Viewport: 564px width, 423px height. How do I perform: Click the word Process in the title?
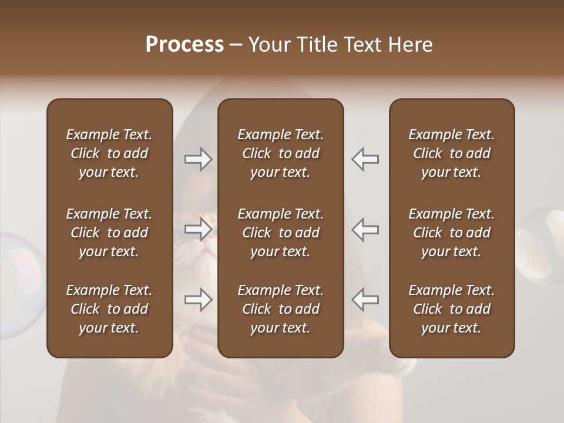click(184, 45)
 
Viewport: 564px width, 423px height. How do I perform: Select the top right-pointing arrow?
click(199, 159)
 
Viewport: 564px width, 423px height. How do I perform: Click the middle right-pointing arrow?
click(199, 230)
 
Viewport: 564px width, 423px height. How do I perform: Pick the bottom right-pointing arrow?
click(199, 300)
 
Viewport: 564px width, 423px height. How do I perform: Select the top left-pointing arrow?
click(365, 159)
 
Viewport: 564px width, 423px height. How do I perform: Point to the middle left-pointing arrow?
click(365, 230)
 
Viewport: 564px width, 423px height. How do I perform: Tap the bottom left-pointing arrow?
click(365, 300)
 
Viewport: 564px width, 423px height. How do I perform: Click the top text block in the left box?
click(109, 153)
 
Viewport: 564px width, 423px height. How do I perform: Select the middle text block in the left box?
click(109, 233)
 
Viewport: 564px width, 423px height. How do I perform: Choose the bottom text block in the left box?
click(109, 309)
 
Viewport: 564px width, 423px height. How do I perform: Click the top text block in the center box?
click(280, 153)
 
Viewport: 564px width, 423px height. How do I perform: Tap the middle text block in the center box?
click(280, 233)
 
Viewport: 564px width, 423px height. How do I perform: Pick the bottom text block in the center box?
click(280, 309)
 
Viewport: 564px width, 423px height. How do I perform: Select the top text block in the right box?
click(451, 153)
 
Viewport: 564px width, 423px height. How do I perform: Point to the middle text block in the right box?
click(451, 233)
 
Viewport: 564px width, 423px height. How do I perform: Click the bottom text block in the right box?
click(451, 309)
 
